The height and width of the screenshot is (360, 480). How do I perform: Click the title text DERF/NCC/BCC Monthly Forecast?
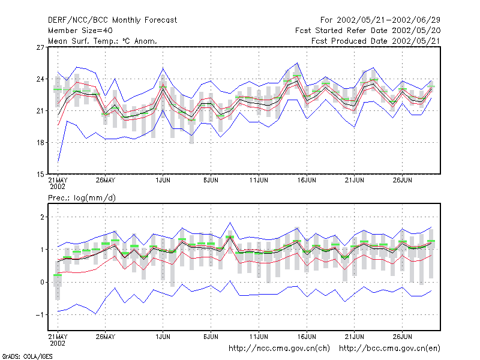pyautogui.click(x=112, y=20)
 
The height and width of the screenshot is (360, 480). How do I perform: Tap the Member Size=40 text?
pyautogui.click(x=80, y=31)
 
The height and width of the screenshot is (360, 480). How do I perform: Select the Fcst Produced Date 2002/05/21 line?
pyautogui.click(x=376, y=41)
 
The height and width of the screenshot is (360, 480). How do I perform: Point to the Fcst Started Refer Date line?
pyautogui.click(x=368, y=31)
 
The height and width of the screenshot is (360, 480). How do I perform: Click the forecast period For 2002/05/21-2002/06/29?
pyautogui.click(x=380, y=20)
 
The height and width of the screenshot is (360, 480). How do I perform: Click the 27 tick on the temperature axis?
pyautogui.click(x=40, y=47)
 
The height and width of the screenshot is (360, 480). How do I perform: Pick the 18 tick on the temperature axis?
pyautogui.click(x=40, y=143)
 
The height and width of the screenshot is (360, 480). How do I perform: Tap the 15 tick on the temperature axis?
pyautogui.click(x=40, y=175)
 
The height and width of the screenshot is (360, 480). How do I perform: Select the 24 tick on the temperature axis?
pyautogui.click(x=40, y=79)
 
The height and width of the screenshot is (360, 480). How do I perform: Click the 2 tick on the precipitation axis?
pyautogui.click(x=42, y=217)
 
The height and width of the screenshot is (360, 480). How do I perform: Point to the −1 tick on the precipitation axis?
pyautogui.click(x=40, y=315)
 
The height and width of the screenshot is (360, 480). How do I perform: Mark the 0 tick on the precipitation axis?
pyautogui.click(x=42, y=282)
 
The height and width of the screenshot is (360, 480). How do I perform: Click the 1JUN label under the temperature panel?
pyautogui.click(x=163, y=180)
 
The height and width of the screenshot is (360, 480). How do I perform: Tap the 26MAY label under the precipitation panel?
pyautogui.click(x=106, y=337)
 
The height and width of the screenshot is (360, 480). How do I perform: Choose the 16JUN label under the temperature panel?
pyautogui.click(x=307, y=180)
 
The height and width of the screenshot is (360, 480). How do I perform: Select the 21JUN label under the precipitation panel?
pyautogui.click(x=354, y=337)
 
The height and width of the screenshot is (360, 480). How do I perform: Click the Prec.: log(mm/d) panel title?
pyautogui.click(x=82, y=198)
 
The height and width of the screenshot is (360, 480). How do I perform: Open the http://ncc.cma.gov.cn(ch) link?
pyautogui.click(x=279, y=349)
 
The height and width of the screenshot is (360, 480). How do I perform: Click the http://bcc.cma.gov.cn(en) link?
pyautogui.click(x=389, y=349)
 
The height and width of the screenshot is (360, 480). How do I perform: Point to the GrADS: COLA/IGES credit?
pyautogui.click(x=27, y=356)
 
